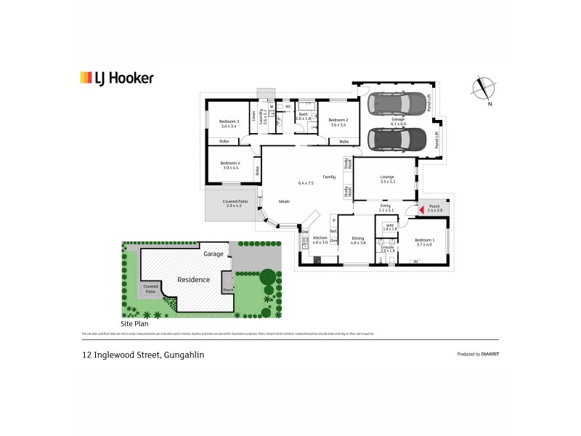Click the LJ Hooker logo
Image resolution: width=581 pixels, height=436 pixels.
pyautogui.click(x=116, y=78)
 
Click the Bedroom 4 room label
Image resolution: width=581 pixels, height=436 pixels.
pyautogui.click(x=229, y=165)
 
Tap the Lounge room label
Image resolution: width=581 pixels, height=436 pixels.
pyautogui.click(x=387, y=178)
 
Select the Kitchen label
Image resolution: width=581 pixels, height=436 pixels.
pyautogui.click(x=320, y=240)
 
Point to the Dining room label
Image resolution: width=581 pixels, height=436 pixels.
pyautogui.click(x=358, y=240)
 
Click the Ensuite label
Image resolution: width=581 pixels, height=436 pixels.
pyautogui.click(x=387, y=248)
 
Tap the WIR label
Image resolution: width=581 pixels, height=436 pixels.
pyautogui.click(x=390, y=227)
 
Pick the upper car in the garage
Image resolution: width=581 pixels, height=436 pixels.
pyautogui.click(x=397, y=104)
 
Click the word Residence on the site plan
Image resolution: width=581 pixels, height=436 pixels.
pyautogui.click(x=194, y=279)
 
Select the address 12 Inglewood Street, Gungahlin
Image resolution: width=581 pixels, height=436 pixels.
pyautogui.click(x=142, y=355)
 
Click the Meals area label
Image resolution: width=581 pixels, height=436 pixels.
pyautogui.click(x=285, y=201)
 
